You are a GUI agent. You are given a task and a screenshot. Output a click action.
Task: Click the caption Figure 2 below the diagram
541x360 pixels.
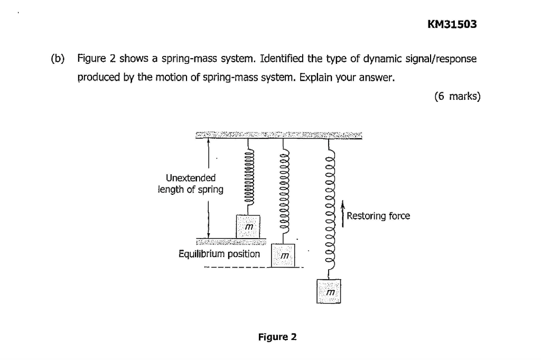coord(277,337)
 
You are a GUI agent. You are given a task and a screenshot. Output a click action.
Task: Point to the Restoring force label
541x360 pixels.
coord(378,216)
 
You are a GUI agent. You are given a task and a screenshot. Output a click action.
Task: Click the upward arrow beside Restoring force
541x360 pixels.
coord(343,214)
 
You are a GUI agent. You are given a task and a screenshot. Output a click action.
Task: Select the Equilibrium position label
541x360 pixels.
coord(219,254)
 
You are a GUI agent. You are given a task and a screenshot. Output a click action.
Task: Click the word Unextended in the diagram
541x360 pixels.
coord(191,178)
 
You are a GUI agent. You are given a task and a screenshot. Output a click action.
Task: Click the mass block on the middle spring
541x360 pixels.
coord(284,255)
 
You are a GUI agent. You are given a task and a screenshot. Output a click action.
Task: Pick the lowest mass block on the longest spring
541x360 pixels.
coord(329,291)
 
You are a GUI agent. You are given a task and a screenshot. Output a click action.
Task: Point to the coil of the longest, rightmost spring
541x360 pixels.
coord(330,211)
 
